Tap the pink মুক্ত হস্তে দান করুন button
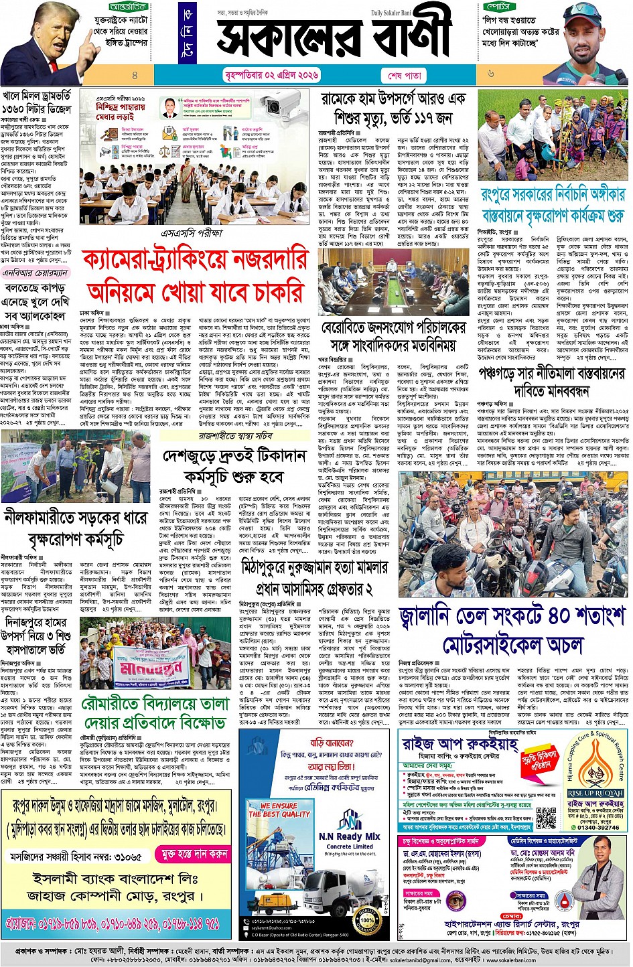[194, 854]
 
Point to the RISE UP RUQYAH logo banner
[595, 793]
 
